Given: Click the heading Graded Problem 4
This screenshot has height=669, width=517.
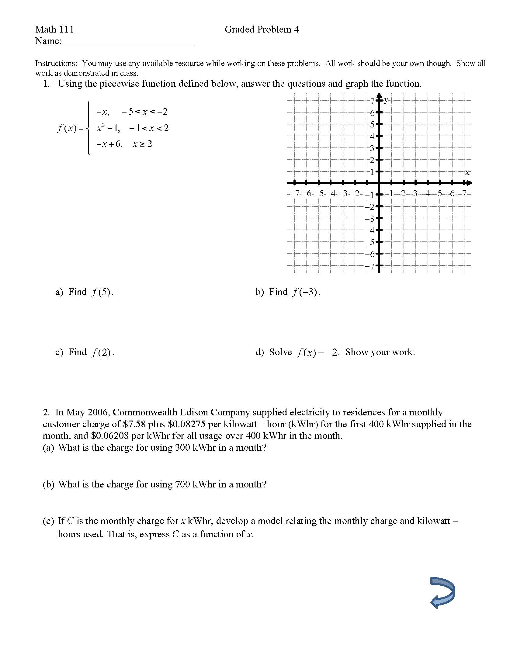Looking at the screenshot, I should coord(262,29).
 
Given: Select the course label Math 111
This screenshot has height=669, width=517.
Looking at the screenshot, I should coord(54,29).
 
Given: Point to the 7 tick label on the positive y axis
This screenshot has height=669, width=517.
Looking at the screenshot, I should coord(372,101).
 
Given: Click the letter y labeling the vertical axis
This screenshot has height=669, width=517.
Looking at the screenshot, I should coord(386,99).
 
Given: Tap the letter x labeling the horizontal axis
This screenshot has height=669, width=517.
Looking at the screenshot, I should coord(467,172).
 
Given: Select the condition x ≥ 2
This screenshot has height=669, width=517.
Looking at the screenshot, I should coord(142,144).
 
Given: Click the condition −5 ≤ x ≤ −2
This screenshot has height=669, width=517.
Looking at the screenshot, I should coord(144,112).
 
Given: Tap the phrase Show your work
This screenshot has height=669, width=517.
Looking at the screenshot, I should coord(380,352).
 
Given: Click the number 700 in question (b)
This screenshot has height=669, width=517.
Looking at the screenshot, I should coord(182,484).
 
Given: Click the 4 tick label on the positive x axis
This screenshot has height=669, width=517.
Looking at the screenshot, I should coord(428,194).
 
